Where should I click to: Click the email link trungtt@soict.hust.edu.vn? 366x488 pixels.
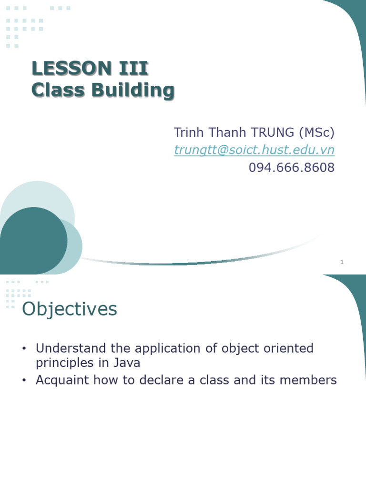tap(254, 150)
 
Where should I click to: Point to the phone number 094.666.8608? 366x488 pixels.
tap(292, 167)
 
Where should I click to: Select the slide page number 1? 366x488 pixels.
tap(342, 262)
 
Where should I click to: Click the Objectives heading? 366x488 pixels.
tap(70, 309)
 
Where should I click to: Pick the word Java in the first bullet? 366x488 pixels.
tap(126, 363)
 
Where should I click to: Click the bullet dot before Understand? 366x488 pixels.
tap(24, 349)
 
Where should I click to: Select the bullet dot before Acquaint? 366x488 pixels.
tap(24, 381)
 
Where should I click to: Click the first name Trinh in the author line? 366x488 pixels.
tap(187, 132)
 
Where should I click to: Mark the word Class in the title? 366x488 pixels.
tap(54, 90)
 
